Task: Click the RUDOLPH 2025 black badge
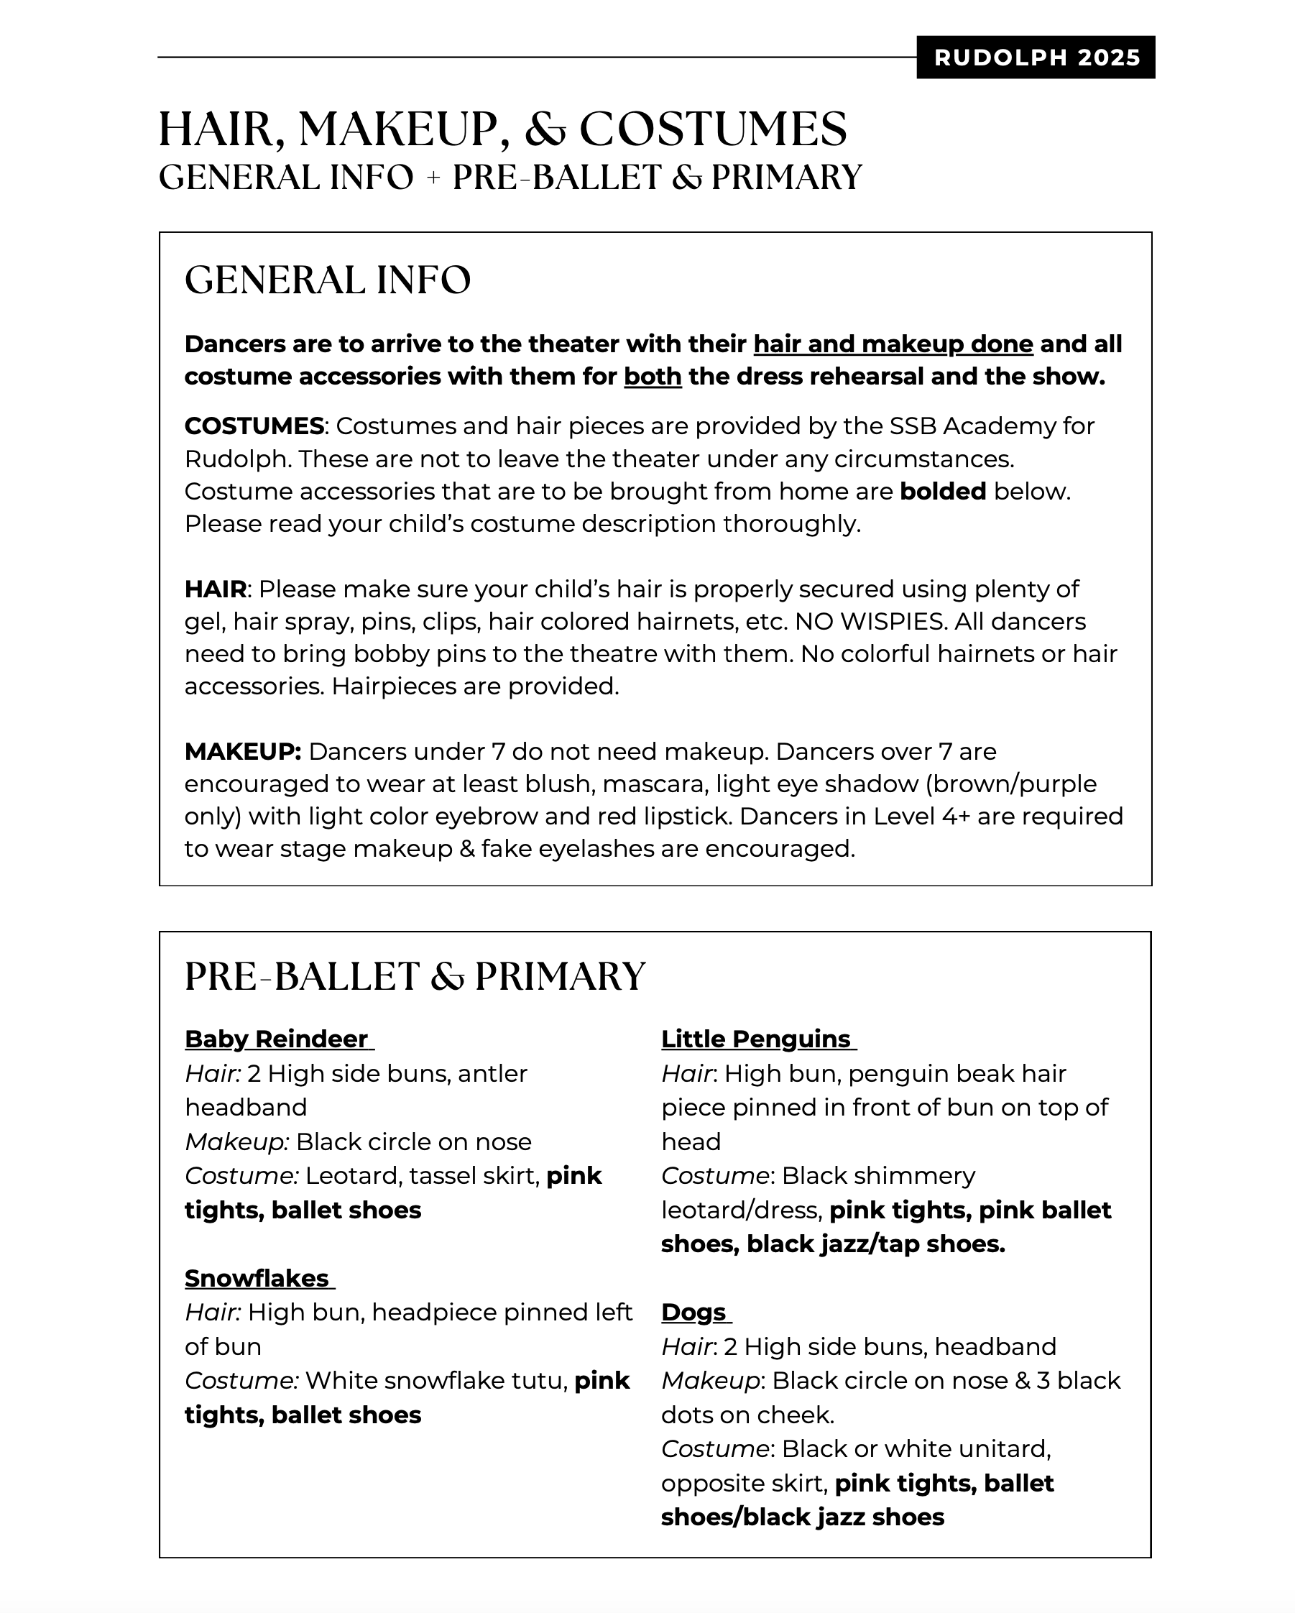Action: [1036, 58]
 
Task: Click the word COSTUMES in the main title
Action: [713, 129]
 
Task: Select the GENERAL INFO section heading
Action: [328, 280]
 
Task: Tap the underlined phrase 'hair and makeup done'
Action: [893, 344]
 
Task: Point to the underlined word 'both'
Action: [653, 377]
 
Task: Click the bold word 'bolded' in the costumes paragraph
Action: [943, 492]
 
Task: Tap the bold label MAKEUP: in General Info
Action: [242, 752]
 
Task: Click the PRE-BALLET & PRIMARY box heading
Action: [415, 976]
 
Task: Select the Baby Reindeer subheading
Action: [277, 1039]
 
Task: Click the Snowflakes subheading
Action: [257, 1279]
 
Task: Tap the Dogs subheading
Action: [693, 1313]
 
